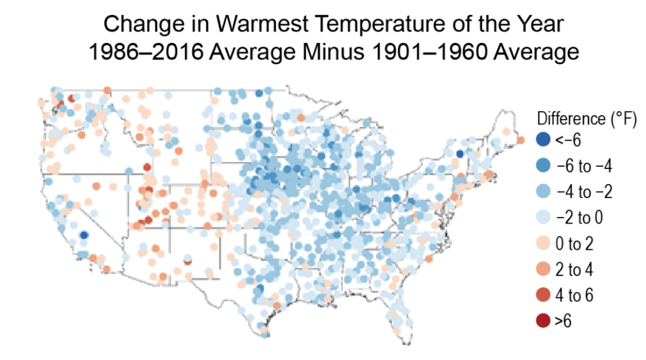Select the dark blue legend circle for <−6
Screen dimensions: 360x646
[543, 139]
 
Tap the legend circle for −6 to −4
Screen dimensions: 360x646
[543, 165]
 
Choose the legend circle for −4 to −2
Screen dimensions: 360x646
[543, 191]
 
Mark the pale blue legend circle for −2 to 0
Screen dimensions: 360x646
[543, 218]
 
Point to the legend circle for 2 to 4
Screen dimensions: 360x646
[543, 269]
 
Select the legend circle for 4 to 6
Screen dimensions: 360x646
[543, 295]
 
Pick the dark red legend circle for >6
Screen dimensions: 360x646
[543, 321]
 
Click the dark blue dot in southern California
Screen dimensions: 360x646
[83, 235]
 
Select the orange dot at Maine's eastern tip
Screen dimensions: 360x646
[521, 139]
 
